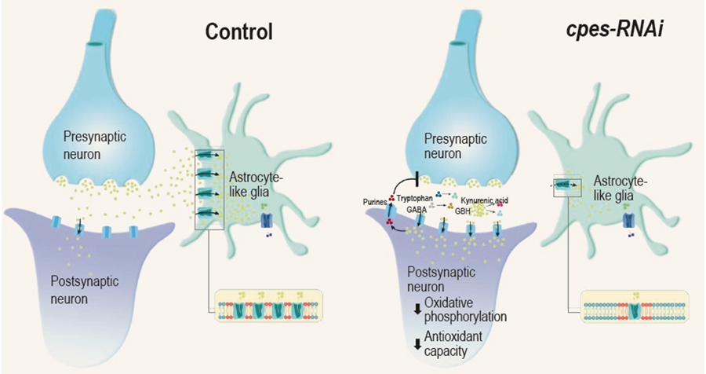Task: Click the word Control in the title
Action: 238,31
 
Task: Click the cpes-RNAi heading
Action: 610,31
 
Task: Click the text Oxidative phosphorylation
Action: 463,310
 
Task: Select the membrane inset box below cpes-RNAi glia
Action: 634,305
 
